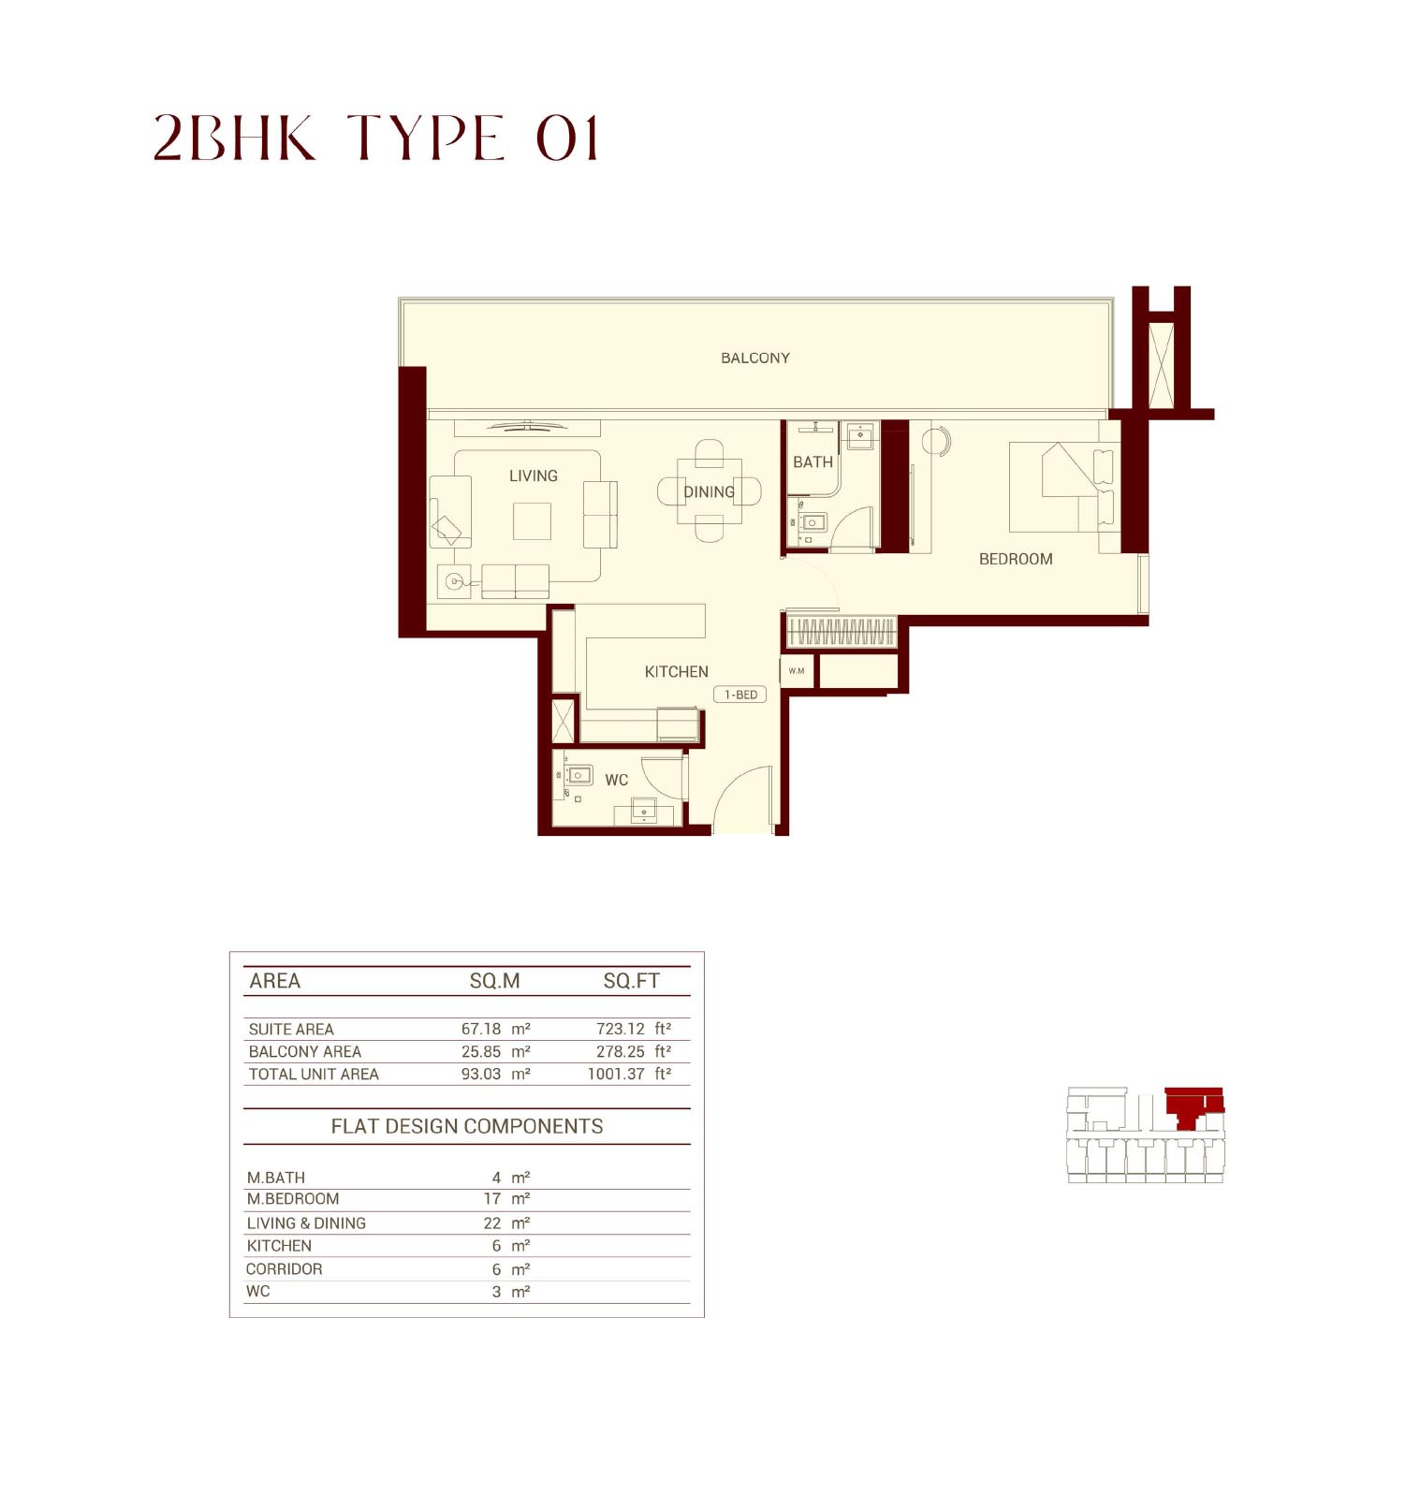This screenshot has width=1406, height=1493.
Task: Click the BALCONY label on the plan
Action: pos(754,358)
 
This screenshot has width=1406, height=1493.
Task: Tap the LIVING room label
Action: pos(533,476)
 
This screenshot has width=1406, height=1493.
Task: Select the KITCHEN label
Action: pos(676,671)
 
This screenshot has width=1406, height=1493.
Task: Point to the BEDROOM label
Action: pos(1015,559)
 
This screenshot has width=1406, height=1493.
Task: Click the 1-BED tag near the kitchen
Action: pos(740,695)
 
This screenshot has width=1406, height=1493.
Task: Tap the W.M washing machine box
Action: pos(797,671)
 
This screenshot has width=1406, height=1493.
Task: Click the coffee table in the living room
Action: pos(532,521)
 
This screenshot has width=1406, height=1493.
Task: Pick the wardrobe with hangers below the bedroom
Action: pos(841,632)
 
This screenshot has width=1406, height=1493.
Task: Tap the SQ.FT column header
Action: pos(631,981)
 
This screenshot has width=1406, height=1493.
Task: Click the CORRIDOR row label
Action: pos(284,1268)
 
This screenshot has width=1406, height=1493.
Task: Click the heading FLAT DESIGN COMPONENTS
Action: pos(466,1126)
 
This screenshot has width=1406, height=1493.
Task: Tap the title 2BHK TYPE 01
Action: pos(375,139)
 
